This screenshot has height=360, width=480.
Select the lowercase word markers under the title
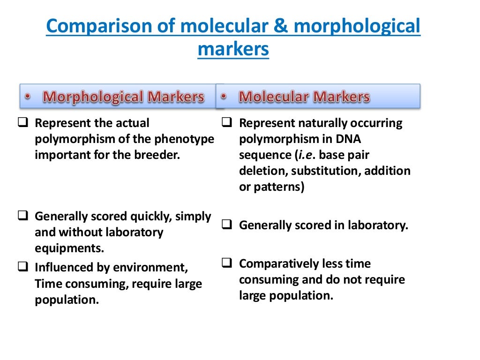coord(233,48)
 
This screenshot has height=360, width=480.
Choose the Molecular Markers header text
coord(304,97)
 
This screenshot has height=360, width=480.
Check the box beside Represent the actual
coord(23,123)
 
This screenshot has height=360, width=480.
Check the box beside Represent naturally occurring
coord(227,123)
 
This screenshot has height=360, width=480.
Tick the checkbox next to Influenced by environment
coord(23,268)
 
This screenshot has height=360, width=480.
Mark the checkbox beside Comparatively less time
coord(227,263)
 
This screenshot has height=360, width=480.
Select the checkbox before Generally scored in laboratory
coord(227,225)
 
